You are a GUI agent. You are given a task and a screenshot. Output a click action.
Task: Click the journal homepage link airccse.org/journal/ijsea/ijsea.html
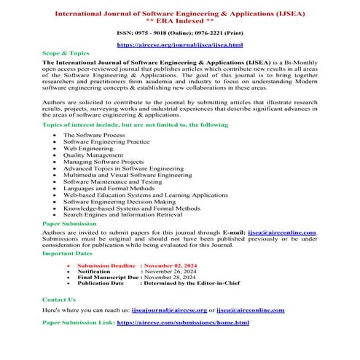point(179,44)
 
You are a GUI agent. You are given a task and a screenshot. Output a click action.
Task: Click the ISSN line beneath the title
point(179,33)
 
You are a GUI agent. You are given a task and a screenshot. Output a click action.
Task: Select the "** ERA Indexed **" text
point(179,19)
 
